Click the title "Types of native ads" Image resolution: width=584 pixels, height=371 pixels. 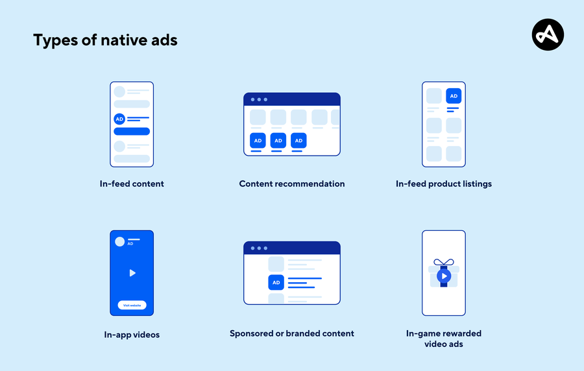105,40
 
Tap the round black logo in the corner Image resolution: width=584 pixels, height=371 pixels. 548,34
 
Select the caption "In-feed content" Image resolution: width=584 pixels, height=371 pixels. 132,184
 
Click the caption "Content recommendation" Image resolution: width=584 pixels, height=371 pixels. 292,184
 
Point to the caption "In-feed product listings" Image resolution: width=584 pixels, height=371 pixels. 444,184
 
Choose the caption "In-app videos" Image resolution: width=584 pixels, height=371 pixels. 132,335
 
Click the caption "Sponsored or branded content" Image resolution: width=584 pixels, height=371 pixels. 292,333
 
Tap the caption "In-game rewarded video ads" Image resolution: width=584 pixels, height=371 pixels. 444,339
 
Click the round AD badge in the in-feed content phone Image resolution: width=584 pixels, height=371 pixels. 119,119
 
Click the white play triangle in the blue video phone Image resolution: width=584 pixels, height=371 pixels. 132,273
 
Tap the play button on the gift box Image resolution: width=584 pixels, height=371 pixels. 444,276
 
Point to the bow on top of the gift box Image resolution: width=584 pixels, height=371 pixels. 444,263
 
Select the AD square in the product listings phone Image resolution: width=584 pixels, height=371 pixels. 454,96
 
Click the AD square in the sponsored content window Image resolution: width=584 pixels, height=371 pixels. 276,282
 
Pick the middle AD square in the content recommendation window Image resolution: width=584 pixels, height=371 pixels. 278,140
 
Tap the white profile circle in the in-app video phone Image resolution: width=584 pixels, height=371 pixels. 119,241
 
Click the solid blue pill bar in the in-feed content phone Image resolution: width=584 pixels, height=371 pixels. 132,131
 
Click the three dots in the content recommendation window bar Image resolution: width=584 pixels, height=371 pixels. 258,99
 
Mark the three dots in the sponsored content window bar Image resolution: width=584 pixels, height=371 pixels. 258,248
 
